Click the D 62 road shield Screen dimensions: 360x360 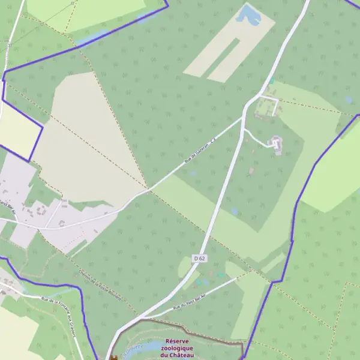tap(200, 258)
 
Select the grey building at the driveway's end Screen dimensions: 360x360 tap(276, 144)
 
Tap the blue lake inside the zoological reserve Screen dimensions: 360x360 tap(150, 347)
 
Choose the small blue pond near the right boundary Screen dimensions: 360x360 tap(349, 100)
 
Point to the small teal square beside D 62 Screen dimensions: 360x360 tap(272, 80)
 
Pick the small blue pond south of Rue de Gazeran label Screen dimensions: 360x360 tap(193, 173)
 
